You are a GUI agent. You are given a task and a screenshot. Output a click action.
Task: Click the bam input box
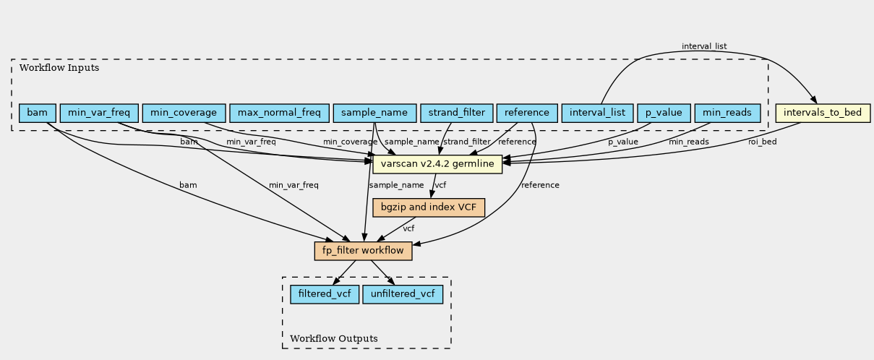38,113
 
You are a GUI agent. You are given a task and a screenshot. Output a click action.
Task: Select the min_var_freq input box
99,113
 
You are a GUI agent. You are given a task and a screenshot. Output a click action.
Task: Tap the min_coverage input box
184,113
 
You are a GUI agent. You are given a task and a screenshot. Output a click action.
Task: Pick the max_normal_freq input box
279,113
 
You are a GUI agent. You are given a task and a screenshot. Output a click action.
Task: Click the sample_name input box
374,113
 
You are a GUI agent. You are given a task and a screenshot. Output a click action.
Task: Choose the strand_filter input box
457,113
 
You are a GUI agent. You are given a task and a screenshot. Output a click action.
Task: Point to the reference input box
527,113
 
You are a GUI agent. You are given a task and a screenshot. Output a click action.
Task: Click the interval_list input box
597,113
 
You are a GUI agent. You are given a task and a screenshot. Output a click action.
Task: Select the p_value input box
664,113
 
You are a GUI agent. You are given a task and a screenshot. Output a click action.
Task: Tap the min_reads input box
727,113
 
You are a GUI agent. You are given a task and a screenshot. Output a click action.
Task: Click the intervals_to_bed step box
823,113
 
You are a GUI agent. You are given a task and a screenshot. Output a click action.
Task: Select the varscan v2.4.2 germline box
437,164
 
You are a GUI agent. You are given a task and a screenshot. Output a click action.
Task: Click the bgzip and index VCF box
429,207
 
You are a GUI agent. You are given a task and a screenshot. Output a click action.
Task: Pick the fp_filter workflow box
363,251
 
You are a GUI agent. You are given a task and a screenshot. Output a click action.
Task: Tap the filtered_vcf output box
325,294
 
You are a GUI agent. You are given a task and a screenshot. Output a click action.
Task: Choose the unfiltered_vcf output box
403,294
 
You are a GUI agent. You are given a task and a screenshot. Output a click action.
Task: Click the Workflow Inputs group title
59,68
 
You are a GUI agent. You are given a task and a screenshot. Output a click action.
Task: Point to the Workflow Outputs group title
334,338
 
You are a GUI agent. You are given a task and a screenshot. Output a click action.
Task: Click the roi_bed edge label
763,142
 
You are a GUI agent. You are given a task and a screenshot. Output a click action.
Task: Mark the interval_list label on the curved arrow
704,46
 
